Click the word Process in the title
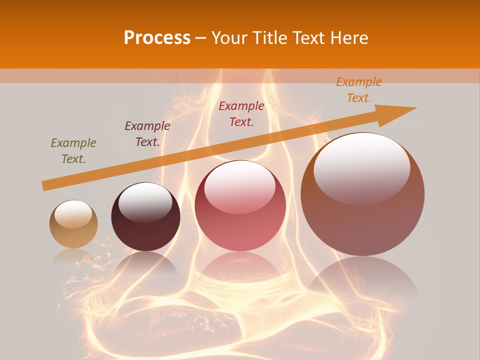(157, 37)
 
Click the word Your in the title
(229, 37)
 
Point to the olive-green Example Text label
(73, 151)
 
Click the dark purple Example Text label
(147, 134)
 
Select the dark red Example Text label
(241, 113)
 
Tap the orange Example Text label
(359, 90)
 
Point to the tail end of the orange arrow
(44, 186)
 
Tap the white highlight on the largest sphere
(362, 167)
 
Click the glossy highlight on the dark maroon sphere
(145, 202)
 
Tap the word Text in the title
(310, 37)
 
